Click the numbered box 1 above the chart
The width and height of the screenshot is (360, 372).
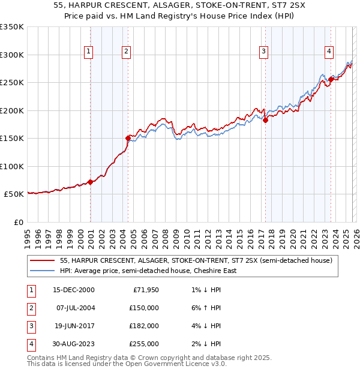click(x=88, y=52)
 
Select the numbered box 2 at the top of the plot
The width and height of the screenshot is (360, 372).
click(x=127, y=52)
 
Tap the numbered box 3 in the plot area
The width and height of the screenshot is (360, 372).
click(x=263, y=52)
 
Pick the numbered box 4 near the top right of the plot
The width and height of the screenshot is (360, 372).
click(x=329, y=52)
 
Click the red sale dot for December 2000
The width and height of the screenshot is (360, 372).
click(x=90, y=182)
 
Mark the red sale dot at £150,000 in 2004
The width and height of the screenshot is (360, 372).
click(x=128, y=138)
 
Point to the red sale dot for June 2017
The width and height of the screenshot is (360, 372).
click(x=265, y=120)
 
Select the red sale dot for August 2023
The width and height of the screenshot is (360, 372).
click(x=331, y=79)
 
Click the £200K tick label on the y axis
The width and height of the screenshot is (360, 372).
click(x=12, y=110)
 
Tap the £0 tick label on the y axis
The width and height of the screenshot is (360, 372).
click(x=17, y=222)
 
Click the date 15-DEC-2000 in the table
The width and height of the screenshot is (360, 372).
click(x=74, y=290)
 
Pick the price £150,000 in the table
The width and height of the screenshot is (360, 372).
click(x=144, y=308)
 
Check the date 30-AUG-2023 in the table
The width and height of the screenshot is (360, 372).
click(x=74, y=344)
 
